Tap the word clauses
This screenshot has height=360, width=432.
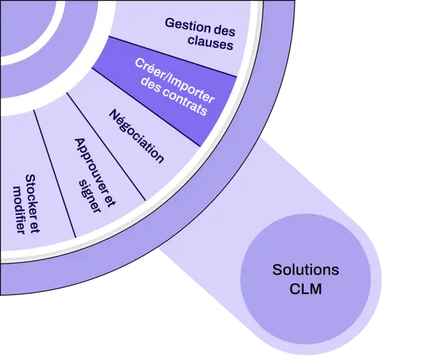click(x=211, y=43)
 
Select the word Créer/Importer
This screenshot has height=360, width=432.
click(x=174, y=80)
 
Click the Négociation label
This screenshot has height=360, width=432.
click(x=136, y=136)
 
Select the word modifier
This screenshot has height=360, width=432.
click(x=19, y=210)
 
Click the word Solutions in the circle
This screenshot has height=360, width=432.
click(x=306, y=269)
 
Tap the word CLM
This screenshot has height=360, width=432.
click(x=306, y=289)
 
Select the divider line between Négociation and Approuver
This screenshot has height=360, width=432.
click(x=106, y=147)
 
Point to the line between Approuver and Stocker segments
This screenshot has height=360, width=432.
click(x=55, y=174)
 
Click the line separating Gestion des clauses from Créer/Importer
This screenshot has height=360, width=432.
click(x=173, y=57)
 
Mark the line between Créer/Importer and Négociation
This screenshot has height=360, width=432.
click(x=146, y=107)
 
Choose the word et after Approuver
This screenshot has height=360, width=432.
click(x=111, y=199)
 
